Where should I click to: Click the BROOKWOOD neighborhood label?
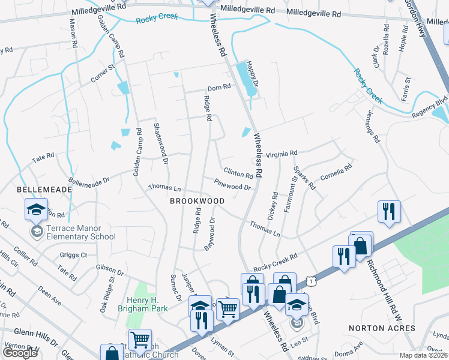(x=192, y=202)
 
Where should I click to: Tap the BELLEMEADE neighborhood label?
(x=36, y=189)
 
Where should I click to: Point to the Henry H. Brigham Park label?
(x=148, y=304)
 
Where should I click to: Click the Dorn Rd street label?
(x=219, y=87)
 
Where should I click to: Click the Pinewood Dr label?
(x=232, y=187)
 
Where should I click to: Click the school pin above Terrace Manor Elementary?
(x=36, y=210)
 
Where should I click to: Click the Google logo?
(x=20, y=352)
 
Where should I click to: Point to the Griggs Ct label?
(x=73, y=254)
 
